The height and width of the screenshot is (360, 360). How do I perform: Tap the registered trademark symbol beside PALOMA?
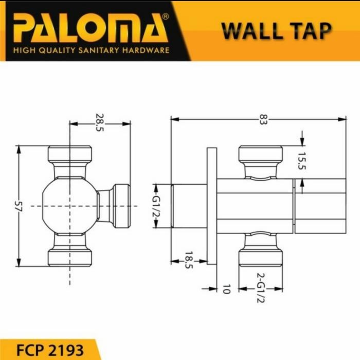(165, 17)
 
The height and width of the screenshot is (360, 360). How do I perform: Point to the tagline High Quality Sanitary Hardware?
(91, 50)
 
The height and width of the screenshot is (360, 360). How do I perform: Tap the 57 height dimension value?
(19, 206)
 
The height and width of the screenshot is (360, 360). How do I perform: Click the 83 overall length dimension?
(263, 119)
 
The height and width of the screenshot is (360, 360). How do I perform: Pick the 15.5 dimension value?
(301, 162)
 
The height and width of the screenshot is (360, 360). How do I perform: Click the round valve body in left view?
(69, 206)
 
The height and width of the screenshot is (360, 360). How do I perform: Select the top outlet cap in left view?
(69, 154)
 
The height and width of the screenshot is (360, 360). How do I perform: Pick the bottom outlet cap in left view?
(69, 257)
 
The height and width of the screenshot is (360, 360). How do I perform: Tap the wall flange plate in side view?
(211, 206)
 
